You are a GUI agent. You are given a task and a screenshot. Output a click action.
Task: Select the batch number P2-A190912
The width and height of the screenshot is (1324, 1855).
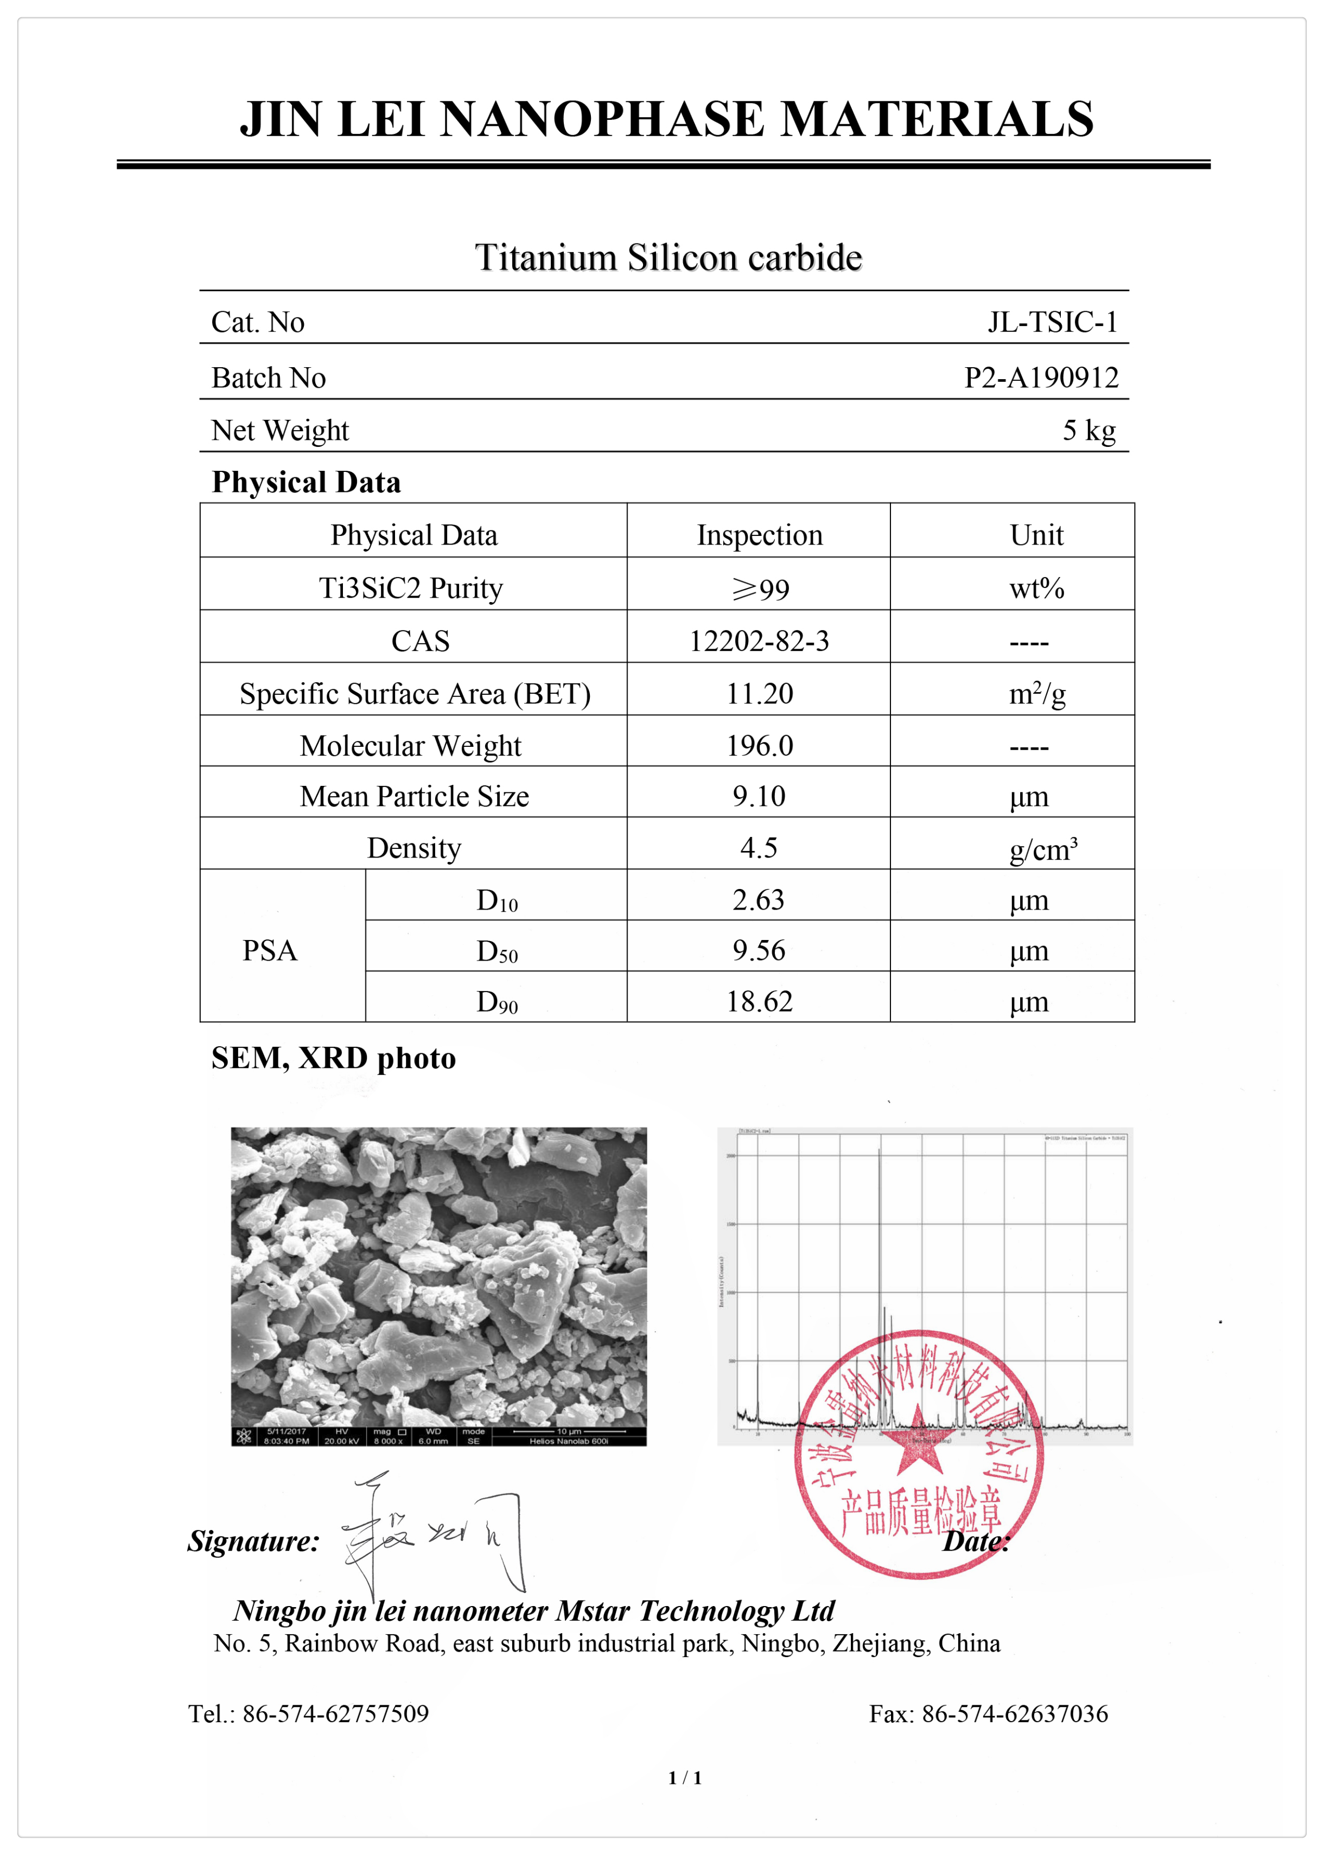[x=1041, y=378]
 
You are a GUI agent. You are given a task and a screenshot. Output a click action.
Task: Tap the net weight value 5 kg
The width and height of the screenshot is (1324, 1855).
[x=1089, y=430]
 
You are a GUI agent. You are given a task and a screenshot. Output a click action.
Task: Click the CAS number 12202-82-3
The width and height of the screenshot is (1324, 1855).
[x=759, y=642]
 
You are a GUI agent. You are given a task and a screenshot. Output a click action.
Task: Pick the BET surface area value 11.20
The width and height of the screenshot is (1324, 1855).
[x=759, y=694]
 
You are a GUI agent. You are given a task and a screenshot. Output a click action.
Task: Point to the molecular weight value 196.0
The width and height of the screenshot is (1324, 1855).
[x=759, y=746]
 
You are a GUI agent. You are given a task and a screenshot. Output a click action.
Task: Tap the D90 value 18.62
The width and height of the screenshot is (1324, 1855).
[x=759, y=1002]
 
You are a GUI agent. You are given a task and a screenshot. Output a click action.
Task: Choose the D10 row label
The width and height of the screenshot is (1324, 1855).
[x=496, y=900]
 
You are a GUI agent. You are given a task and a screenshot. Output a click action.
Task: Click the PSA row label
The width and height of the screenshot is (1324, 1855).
[x=270, y=950]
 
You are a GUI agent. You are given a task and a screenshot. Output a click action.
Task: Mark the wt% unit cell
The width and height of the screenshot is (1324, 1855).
[x=1036, y=589]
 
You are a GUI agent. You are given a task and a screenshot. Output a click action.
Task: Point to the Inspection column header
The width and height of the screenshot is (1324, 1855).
[x=759, y=535]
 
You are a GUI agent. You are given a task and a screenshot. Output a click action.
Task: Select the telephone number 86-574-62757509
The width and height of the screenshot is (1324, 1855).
[x=335, y=1714]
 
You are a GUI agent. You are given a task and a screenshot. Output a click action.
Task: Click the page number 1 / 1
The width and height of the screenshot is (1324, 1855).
[x=685, y=1777]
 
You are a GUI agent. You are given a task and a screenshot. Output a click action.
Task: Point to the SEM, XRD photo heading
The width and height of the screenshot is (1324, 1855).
[x=334, y=1058]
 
